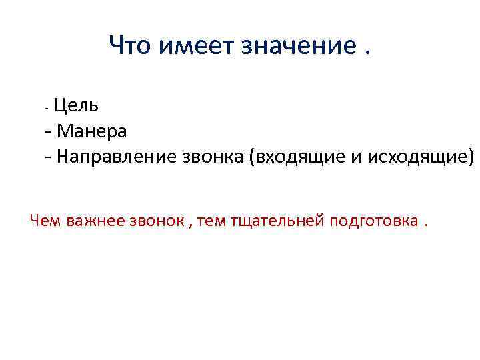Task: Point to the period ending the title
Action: (365, 53)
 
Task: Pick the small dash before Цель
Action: (45, 107)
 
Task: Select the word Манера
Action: (92, 131)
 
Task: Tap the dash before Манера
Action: (49, 132)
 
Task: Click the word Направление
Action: (117, 157)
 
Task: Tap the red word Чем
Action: (47, 220)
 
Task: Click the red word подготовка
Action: (373, 220)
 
